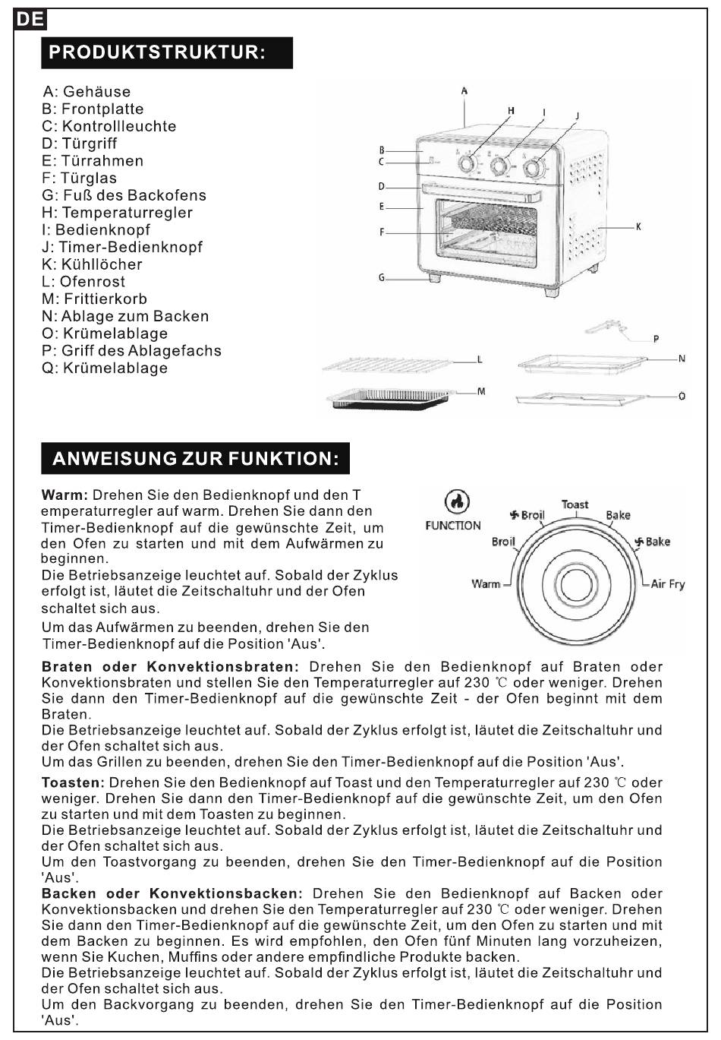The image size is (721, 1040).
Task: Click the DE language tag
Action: pos(30,21)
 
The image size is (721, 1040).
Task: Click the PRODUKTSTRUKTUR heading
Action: pos(157,52)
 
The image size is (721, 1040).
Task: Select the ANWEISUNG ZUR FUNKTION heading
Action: pos(196,459)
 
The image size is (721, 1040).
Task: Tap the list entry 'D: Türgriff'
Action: pos(80,144)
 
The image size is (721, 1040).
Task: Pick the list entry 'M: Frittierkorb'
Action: pos(95,299)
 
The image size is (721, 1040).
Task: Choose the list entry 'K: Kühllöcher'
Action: pos(92,264)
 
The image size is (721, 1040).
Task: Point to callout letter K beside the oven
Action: pos(638,226)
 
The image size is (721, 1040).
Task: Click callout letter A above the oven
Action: pos(464,91)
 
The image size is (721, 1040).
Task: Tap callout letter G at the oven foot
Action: pos(382,278)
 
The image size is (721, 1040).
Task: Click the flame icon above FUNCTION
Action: pos(456,501)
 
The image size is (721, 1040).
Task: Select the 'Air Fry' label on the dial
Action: pos(668,584)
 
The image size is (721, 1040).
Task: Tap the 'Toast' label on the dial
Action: pos(575,504)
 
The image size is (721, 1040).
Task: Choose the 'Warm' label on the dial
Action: pos(486,583)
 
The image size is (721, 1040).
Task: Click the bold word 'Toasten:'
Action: pos(72,782)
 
